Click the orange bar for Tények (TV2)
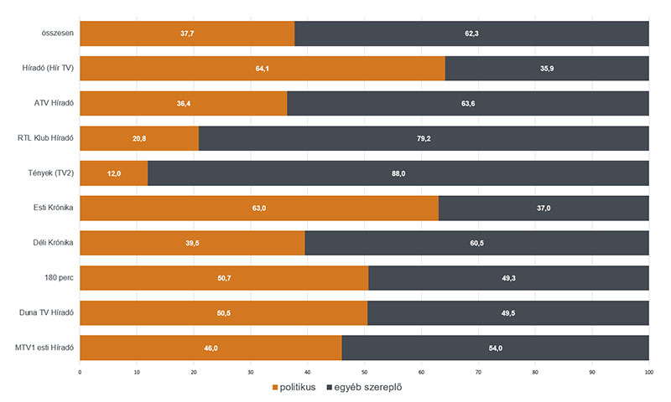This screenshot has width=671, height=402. (114, 173)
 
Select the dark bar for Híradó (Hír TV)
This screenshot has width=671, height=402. (547, 68)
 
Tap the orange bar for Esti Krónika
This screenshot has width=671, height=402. (259, 208)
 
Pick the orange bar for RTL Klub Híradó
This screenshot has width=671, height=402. (139, 138)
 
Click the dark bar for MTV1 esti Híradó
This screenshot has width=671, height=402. (495, 347)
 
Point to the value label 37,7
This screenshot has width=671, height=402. (187, 33)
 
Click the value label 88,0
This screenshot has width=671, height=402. (398, 173)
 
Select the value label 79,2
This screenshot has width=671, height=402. (424, 138)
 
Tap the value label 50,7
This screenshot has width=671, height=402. (224, 277)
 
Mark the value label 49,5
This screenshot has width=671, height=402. (508, 312)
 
